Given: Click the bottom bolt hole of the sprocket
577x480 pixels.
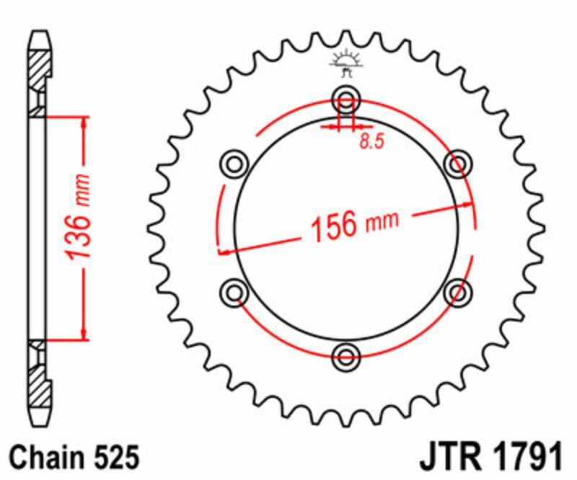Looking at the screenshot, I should (347, 355).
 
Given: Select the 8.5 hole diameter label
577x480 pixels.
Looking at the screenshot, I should (371, 141).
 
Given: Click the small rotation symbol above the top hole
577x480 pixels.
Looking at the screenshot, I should (345, 63).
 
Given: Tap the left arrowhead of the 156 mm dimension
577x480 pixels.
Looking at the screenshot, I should (223, 252).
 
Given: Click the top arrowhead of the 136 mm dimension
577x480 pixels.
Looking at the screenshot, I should (86, 120).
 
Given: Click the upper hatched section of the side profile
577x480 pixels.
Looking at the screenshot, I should (40, 72).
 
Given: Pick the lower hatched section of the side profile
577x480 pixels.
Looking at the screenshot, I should (40, 381).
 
